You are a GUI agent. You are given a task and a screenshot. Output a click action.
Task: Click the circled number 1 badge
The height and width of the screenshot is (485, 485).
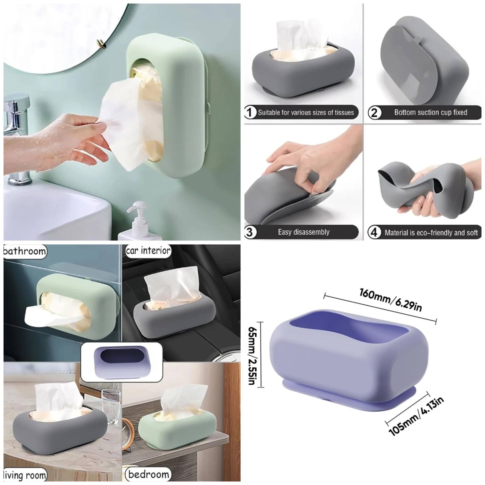250,113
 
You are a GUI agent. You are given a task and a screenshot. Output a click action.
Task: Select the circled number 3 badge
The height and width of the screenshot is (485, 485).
249,232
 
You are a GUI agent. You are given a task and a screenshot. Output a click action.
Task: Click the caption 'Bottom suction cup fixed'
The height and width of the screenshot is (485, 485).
430,112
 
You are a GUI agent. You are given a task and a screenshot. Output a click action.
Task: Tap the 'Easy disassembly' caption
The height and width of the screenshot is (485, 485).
304,232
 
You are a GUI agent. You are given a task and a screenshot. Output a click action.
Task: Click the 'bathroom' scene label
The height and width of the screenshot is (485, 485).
25,251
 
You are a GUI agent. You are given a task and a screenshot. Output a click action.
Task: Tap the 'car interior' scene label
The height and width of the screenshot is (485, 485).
148,251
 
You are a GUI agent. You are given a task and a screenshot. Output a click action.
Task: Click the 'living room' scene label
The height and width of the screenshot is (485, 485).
25,475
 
